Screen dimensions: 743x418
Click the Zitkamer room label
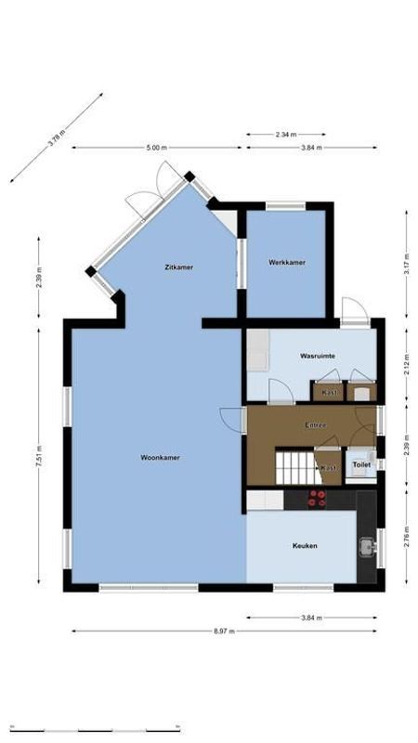click(177, 267)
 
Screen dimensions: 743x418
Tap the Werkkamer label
click(287, 262)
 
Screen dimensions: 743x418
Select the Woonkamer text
click(160, 458)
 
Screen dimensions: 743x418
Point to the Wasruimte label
click(317, 356)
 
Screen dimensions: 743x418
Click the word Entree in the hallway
click(315, 425)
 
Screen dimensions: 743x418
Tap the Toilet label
click(361, 464)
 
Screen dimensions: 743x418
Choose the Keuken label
click(305, 546)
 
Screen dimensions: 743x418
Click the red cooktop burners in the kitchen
click(318, 499)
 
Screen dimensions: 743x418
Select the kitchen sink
click(368, 546)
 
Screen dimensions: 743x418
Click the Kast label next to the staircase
click(329, 468)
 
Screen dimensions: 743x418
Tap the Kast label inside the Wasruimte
click(329, 392)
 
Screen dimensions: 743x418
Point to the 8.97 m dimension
click(224, 631)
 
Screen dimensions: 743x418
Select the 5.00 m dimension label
click(157, 148)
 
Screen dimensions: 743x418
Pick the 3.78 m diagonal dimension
click(58, 140)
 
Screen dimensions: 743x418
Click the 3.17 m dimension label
click(407, 267)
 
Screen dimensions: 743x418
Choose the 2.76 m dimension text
click(407, 541)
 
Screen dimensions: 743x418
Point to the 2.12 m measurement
click(407, 365)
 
